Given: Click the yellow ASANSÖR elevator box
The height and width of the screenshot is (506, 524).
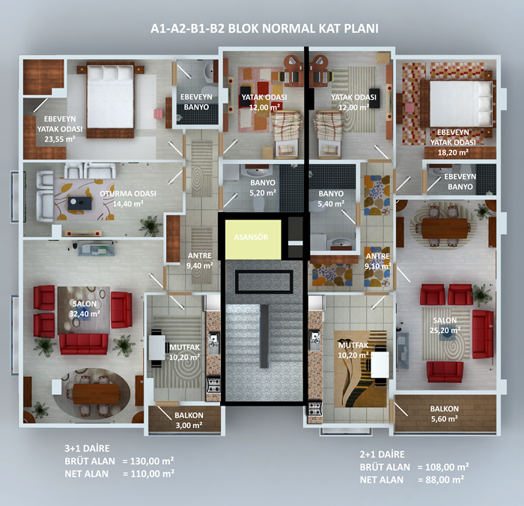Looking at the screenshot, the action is point(253,239).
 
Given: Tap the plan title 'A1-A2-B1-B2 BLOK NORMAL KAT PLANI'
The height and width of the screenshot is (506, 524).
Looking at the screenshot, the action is point(264,28).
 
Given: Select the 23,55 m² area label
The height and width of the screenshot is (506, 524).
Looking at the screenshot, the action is point(60,139).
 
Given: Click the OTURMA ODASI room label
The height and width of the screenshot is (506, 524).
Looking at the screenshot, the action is point(128,193).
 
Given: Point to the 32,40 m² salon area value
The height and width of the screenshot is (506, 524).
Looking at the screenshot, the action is point(85,314).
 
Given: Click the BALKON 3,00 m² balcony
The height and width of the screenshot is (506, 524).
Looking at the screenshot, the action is point(184,419).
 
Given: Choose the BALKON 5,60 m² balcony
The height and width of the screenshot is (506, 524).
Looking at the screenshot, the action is point(445,414).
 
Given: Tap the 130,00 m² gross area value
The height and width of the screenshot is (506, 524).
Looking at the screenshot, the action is point(152,461).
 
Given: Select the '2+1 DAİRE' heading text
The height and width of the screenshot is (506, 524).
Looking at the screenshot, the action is point(382,454).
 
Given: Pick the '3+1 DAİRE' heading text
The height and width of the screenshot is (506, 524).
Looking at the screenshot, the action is point(87,448).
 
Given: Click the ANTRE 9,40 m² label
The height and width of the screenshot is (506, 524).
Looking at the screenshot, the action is point(200,261).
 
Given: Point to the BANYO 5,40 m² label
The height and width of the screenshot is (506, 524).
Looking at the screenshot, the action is point(331,199).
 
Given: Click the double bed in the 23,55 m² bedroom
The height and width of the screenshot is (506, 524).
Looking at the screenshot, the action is point(111,100).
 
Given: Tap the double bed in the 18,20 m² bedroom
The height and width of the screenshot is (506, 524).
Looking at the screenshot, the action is point(457,103).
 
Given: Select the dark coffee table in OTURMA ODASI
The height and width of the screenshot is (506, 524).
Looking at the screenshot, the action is point(79,203).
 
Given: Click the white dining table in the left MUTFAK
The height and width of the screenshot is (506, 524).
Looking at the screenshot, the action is point(157,347).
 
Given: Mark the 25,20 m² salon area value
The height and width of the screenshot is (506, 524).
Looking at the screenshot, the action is point(445,331).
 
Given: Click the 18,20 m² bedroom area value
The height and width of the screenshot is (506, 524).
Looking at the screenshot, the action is point(453,153).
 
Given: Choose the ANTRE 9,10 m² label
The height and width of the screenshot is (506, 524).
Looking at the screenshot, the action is point(377,262).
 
